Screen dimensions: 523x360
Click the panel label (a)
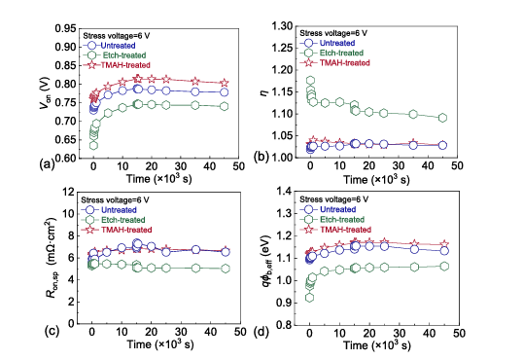click(47, 164)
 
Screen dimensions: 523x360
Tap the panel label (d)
click(261, 332)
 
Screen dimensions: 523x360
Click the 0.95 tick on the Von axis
click(65, 29)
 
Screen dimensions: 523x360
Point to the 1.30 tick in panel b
click(283, 26)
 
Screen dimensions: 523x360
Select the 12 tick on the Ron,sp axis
click(70, 192)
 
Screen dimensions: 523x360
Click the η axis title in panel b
click(263, 93)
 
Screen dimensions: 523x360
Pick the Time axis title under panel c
click(160, 344)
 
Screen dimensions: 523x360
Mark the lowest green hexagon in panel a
click(93, 146)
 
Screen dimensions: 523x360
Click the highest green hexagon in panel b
click(310, 80)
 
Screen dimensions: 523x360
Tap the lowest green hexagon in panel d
click(309, 297)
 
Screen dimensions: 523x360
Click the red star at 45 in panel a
click(225, 83)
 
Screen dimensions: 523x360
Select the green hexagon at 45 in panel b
click(442, 118)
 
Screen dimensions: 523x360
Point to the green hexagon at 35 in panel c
click(195, 268)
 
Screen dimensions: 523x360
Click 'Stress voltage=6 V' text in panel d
click(333, 199)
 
